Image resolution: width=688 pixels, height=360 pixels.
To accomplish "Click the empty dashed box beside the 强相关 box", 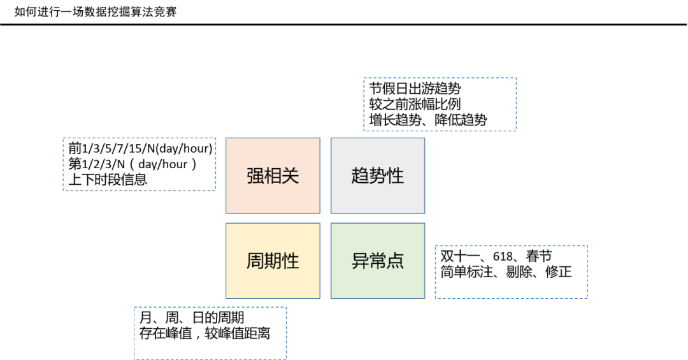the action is tap(140, 164).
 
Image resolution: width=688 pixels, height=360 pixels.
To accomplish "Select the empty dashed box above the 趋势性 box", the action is tap(440, 104).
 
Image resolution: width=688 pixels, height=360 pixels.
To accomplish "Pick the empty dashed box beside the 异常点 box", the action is tap(512, 272).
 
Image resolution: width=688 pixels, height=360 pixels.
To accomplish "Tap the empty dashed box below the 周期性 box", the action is tap(210, 333).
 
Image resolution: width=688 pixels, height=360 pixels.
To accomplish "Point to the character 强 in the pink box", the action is tap(255, 176).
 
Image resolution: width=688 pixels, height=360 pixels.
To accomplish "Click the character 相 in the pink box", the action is tap(273, 176).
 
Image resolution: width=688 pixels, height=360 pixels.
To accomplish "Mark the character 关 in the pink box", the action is tap(290, 176).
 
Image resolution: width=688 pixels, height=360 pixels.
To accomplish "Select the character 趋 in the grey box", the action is tap(360, 176).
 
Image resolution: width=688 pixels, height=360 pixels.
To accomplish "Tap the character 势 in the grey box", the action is tap(378, 176).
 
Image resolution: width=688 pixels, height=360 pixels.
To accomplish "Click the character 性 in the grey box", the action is tap(396, 176).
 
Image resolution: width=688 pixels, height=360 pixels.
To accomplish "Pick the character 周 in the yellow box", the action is tap(255, 261).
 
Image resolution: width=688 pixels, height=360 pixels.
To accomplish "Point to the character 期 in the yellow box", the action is tap(273, 261).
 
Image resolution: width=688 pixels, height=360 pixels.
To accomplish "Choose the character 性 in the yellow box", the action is tap(290, 261).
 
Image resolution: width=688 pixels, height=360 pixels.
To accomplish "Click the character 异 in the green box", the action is tap(360, 261).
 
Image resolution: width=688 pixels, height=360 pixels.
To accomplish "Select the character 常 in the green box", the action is tap(378, 261).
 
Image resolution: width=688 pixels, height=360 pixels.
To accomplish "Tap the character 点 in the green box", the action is tap(396, 261).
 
